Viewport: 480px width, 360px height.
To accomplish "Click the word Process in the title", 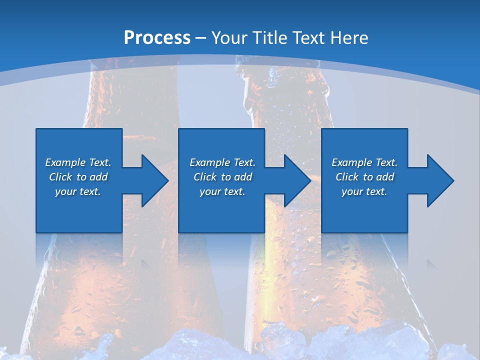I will pos(157,37).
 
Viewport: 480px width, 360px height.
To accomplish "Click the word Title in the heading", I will pos(268,37).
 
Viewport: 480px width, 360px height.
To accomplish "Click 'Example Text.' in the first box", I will pos(78,162).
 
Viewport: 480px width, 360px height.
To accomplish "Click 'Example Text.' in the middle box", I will pos(222,162).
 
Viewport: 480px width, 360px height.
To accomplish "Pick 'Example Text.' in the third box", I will pos(364,162).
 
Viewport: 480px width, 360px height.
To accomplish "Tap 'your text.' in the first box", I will pos(78,191).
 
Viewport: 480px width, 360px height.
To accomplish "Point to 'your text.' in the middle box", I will pos(222,191).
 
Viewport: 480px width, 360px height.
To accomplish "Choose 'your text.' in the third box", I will pos(364,191).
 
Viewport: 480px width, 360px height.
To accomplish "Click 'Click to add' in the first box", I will pos(78,177).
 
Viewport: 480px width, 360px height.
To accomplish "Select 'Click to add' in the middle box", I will pos(222,177).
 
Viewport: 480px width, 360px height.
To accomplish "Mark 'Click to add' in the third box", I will pos(364,177).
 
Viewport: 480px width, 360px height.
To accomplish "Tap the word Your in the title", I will pos(229,37).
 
